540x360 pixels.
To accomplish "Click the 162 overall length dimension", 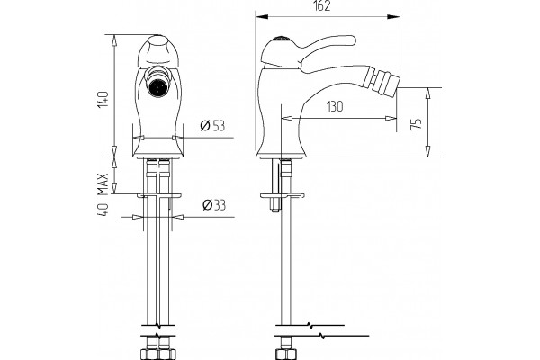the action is pos(322,6).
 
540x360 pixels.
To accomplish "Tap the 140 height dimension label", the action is pos(103,99).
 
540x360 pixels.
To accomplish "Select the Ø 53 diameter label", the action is pos(212,126).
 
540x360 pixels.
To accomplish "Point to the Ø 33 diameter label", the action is pos(214,205).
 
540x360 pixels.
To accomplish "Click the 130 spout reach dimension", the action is pos(335,106).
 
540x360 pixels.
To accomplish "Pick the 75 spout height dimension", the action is pos(417,124).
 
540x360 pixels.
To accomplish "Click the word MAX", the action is pos(103,184).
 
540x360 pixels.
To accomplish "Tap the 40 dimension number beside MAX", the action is pos(103,210).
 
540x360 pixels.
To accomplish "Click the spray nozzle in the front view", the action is pos(158,86).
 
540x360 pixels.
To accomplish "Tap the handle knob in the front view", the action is pos(158,51).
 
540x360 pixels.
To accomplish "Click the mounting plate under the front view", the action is pos(158,195).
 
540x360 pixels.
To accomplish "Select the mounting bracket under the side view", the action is pos(283,195).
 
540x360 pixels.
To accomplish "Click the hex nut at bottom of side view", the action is pos(286,354).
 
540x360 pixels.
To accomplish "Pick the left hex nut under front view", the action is pos(149,354).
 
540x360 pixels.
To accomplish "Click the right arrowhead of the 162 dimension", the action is pos(393,17).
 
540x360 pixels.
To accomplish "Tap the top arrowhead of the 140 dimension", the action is pos(114,41).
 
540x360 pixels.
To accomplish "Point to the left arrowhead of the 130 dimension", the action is pos(288,119).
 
